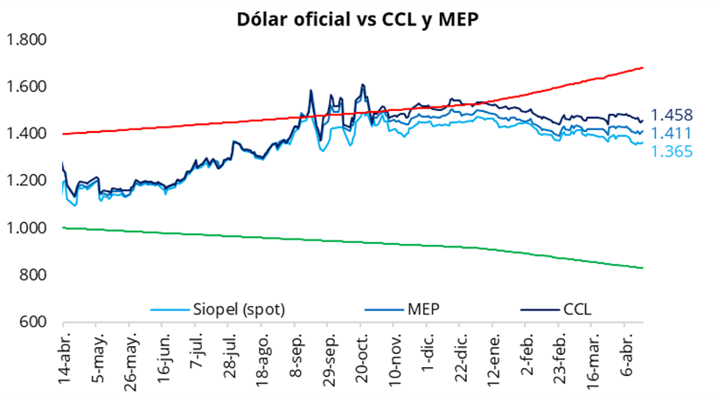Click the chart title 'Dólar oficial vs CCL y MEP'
pos(359,18)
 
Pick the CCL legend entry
pos(577,309)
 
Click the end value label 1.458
pos(672,115)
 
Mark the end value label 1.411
pos(672,133)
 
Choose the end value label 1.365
pos(672,151)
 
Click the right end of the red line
pos(643,67)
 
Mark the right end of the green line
pos(643,267)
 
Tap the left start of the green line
pos(63,227)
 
